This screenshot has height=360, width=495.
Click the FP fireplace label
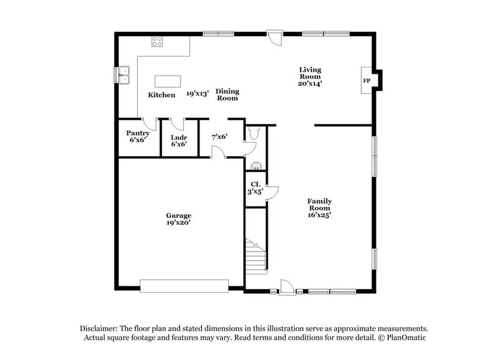[x=367, y=81]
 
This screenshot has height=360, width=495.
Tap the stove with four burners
[x=157, y=42]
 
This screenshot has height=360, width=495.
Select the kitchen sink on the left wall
[x=124, y=75]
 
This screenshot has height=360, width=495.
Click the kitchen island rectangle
[x=168, y=81]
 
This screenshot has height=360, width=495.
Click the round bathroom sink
[x=256, y=164]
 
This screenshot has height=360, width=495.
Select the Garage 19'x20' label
[x=179, y=219]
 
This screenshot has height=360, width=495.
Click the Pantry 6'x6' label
[x=138, y=137]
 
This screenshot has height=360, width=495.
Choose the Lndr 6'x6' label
[x=179, y=141]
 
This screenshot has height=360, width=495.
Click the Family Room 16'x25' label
[x=319, y=208]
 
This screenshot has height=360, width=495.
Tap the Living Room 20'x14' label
[x=310, y=77]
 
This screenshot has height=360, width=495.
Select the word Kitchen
[x=162, y=95]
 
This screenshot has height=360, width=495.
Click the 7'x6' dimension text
[x=220, y=137]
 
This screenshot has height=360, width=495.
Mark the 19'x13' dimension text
[x=198, y=94]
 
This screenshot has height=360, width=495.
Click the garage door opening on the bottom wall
[x=184, y=285]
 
